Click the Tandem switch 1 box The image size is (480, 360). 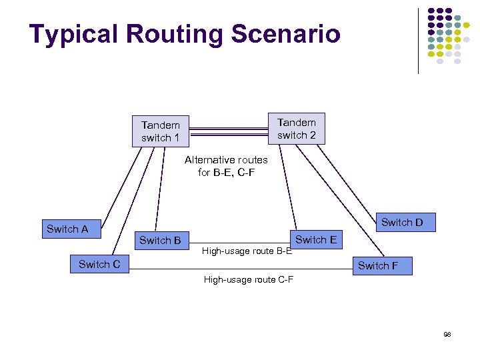pyautogui.click(x=161, y=131)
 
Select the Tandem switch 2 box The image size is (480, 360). pyautogui.click(x=296, y=129)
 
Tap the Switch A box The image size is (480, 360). pyautogui.click(x=68, y=229)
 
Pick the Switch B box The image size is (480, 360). pyautogui.click(x=160, y=240)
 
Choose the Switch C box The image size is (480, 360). pyautogui.click(x=99, y=264)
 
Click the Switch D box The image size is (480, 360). pyautogui.click(x=402, y=222)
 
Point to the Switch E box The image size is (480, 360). pyautogui.click(x=315, y=239)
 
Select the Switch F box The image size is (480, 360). pyautogui.click(x=378, y=265)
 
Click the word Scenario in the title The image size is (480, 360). pyautogui.click(x=287, y=34)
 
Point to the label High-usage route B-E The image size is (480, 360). pyautogui.click(x=247, y=251)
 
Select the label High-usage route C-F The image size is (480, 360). pyautogui.click(x=248, y=279)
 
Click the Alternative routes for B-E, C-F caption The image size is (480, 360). pyautogui.click(x=226, y=166)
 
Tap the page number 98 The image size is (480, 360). pyautogui.click(x=447, y=333)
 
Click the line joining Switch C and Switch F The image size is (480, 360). pyautogui.click(x=240, y=269)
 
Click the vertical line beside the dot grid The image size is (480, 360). pyautogui.click(x=418, y=40)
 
